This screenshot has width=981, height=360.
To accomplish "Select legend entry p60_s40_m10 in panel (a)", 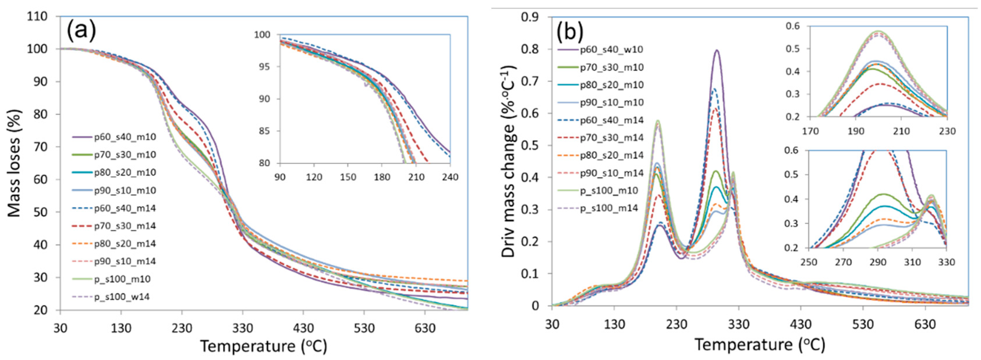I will click(x=125, y=137).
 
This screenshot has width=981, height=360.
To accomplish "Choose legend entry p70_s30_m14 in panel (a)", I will click(x=125, y=226).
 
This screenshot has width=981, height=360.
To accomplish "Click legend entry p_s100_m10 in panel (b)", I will click(x=609, y=190).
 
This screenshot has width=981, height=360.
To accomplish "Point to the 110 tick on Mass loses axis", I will click(x=37, y=16).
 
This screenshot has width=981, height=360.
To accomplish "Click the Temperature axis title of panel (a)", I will click(x=264, y=346).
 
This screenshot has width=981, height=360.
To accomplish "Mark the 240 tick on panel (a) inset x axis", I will click(x=450, y=177).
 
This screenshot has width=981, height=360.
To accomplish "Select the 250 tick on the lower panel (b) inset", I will click(x=808, y=263).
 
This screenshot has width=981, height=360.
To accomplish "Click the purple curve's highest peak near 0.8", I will click(x=717, y=50).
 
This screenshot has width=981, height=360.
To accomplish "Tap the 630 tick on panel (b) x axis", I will click(x=925, y=324).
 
